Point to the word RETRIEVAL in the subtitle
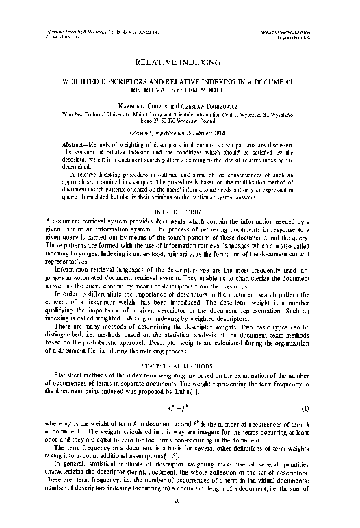coord(162,89)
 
